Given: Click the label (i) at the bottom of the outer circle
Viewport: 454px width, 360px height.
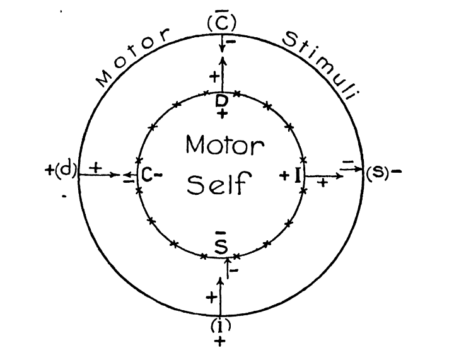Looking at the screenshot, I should (x=220, y=326).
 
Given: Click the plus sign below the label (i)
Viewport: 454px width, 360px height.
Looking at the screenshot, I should (x=220, y=341).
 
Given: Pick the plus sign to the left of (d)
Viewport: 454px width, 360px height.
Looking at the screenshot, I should (x=49, y=172).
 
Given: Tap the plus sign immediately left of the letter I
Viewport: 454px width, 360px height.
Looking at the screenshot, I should (x=284, y=175).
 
